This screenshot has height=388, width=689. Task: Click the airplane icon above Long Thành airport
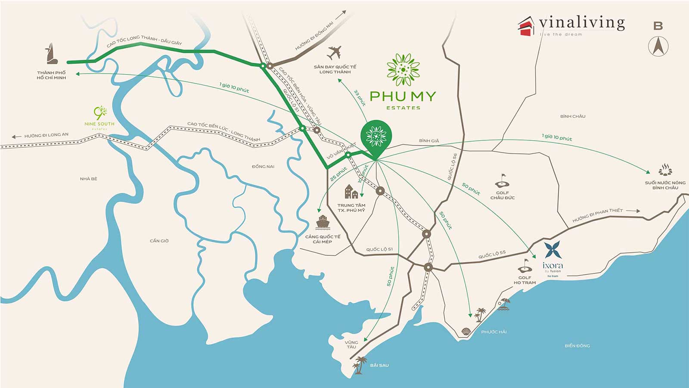334,53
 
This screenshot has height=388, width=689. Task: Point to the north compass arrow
658,46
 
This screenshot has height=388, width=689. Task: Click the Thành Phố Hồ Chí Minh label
51,75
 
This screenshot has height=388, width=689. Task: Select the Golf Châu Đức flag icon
502,180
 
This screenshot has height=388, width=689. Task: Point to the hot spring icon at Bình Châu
665,170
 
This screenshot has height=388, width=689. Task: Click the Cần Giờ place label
159,241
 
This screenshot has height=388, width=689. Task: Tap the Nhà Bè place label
88,179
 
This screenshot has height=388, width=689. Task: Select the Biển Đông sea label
577,346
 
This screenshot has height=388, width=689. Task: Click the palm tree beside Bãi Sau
359,364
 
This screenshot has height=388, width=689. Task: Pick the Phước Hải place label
493,332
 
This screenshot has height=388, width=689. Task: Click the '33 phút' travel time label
360,98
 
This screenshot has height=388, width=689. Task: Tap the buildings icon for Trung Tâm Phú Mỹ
351,192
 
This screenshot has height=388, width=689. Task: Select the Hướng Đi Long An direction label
46,135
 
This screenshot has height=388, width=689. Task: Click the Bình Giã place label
429,141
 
